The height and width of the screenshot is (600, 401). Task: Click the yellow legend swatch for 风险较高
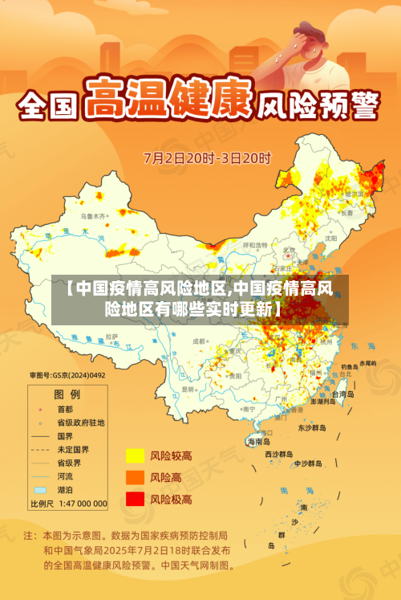pos(134,455)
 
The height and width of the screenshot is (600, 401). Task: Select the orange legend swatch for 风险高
pos(134,477)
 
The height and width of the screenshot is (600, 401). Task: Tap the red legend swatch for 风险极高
pos(134,499)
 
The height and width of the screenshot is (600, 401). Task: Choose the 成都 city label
pos(200,341)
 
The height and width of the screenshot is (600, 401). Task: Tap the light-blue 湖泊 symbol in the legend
pos(40,489)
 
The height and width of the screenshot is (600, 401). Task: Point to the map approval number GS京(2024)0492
pos(67,374)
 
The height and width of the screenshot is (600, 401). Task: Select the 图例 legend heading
pos(67,394)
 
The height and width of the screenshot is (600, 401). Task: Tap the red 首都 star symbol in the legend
pos(40,409)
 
